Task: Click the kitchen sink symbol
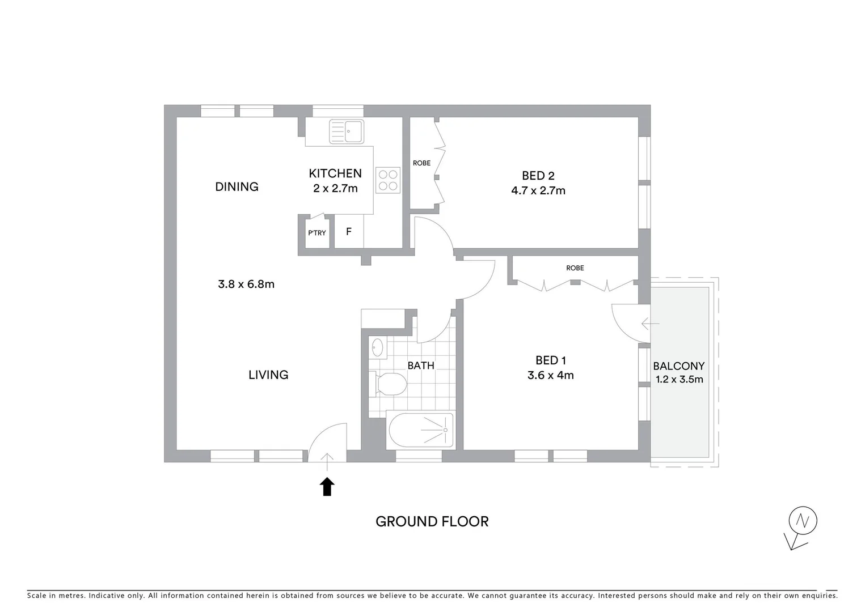click(346, 131)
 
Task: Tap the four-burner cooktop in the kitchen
click(388, 180)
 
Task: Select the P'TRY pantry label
click(317, 233)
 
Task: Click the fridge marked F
click(349, 232)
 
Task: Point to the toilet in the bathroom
click(389, 385)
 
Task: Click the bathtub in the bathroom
click(421, 430)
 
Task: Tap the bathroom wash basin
click(377, 347)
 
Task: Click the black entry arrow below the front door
click(327, 487)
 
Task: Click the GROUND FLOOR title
click(432, 521)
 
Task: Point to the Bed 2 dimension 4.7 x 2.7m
click(538, 191)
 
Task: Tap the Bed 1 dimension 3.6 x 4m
click(550, 375)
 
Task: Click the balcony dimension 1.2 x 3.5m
click(679, 380)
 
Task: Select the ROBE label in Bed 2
click(421, 163)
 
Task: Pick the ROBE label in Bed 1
click(575, 268)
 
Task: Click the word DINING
click(237, 186)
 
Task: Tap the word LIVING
click(268, 375)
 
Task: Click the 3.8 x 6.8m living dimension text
click(246, 284)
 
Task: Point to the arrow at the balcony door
click(649, 324)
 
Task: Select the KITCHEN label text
click(335, 173)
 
